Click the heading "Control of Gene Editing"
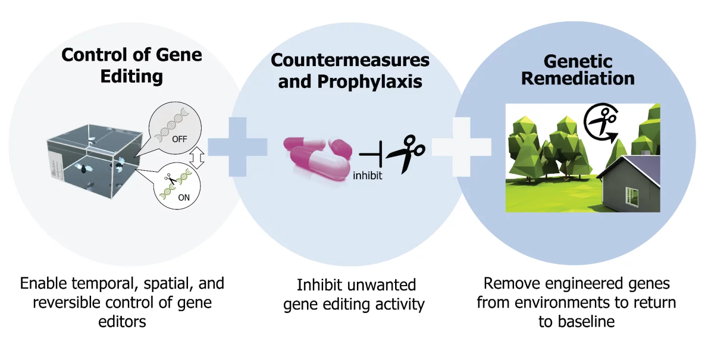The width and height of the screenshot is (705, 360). pos(131,65)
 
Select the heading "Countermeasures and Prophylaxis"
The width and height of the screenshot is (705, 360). pos(350,71)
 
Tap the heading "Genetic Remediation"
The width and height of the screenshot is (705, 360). pos(578,70)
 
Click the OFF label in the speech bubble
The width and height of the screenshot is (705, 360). pos(179,139)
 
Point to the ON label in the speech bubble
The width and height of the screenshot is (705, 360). pos(184,198)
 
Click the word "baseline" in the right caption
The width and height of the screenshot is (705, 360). pos(583,322)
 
